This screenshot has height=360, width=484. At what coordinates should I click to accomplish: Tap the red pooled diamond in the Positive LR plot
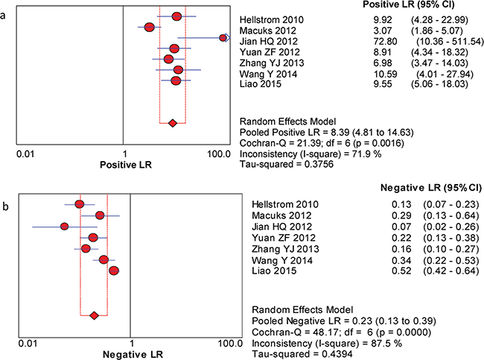173,122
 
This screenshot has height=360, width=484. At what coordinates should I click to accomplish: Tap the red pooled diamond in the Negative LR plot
94,316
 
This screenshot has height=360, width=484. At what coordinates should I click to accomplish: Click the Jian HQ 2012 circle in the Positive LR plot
223,37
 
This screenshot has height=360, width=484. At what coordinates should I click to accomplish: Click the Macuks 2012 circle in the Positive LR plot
149,27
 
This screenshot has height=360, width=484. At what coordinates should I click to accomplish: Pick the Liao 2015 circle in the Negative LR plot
114,271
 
